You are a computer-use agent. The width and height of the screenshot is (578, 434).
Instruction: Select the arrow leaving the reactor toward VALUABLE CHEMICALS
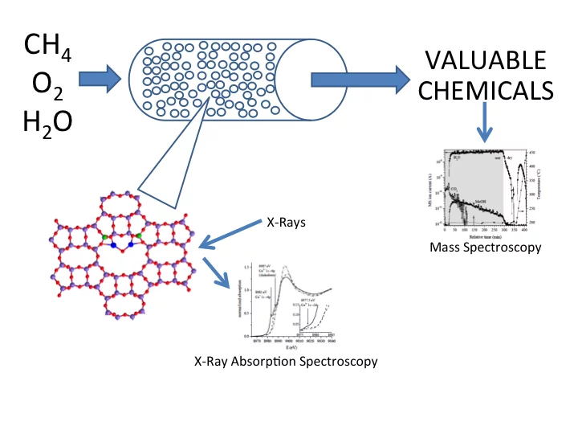pyautogui.click(x=354, y=79)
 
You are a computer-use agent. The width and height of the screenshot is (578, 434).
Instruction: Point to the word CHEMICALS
pyautogui.click(x=486, y=90)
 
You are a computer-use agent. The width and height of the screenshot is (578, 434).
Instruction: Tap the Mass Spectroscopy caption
pyautogui.click(x=486, y=248)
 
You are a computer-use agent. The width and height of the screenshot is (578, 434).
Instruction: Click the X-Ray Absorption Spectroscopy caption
pyautogui.click(x=286, y=361)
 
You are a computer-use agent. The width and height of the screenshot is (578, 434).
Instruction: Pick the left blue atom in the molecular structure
pyautogui.click(x=114, y=244)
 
